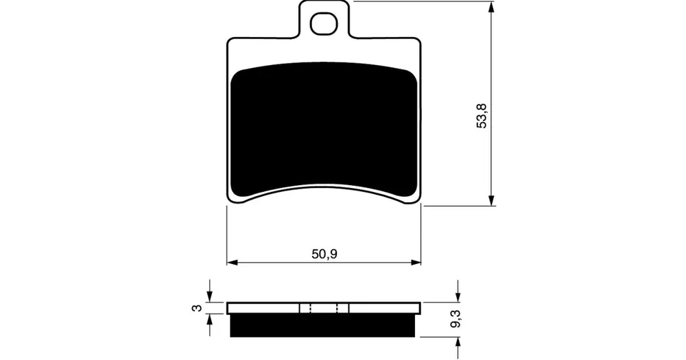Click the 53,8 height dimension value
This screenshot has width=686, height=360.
482,115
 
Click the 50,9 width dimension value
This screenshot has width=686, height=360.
324,254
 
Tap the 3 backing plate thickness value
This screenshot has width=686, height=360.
198,308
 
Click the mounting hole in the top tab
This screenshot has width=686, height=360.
324,23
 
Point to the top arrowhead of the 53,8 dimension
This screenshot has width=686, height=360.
491,6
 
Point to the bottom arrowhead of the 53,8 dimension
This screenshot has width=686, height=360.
491,200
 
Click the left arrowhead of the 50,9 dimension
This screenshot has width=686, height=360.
232,263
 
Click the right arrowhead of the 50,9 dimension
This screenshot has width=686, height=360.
416,263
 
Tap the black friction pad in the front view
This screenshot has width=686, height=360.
324,131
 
